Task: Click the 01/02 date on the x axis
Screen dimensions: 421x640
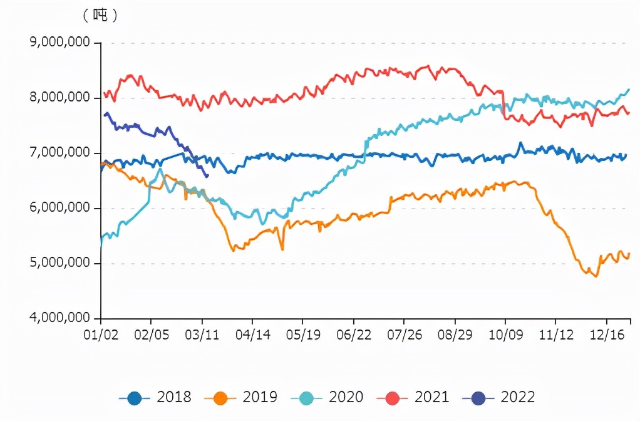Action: tap(101, 335)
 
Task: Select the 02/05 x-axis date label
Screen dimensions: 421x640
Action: tap(152, 335)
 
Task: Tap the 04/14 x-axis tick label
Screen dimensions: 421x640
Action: tap(252, 335)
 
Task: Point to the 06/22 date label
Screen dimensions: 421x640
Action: tap(354, 335)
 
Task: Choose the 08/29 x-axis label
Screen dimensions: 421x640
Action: tap(455, 335)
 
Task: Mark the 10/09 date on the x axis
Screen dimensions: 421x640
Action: tap(505, 335)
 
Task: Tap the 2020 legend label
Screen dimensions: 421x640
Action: tap(345, 397)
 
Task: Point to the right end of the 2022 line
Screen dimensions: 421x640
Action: tap(207, 176)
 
